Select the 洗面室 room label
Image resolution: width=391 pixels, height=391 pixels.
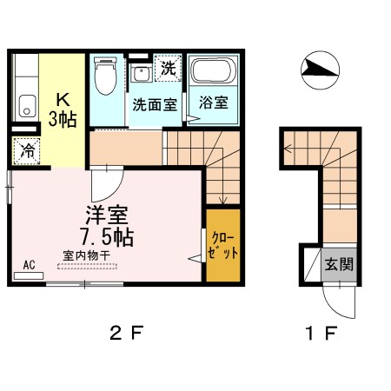[154, 103]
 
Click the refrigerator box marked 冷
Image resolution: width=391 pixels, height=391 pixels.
[28, 150]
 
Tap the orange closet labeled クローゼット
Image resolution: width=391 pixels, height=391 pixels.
[222, 245]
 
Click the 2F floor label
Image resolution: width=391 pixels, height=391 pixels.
[124, 333]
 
